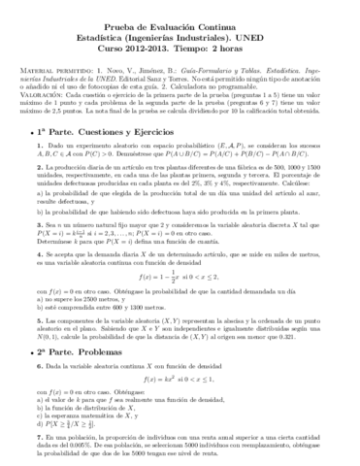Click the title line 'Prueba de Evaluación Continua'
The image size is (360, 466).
coord(180,21)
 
